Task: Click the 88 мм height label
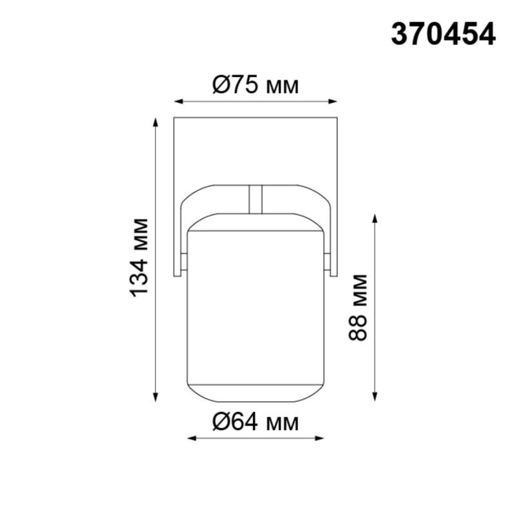[358, 307]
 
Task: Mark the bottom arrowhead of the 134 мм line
[155, 397]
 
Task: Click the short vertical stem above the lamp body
[256, 199]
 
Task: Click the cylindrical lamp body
[256, 309]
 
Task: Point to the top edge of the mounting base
[256, 118]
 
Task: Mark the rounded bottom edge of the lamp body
[256, 400]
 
